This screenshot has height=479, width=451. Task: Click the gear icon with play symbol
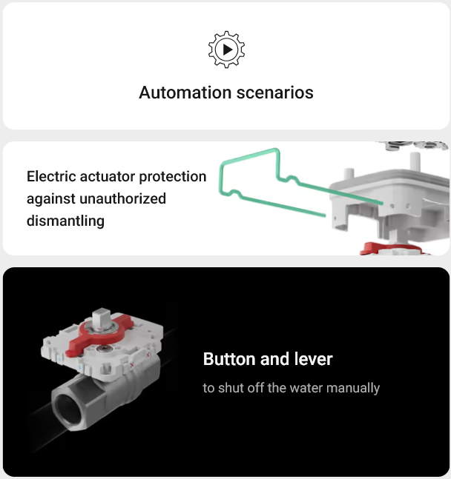(x=226, y=50)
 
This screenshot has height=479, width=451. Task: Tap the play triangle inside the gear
(x=228, y=50)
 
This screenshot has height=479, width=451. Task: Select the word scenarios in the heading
(x=275, y=93)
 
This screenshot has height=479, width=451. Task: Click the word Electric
(x=50, y=176)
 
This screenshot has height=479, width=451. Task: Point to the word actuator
(x=107, y=176)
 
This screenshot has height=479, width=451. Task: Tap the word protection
(x=173, y=177)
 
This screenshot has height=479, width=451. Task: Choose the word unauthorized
(x=122, y=198)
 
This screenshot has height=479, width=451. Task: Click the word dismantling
(x=65, y=221)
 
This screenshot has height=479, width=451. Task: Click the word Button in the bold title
(x=229, y=359)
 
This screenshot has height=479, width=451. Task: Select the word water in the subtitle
(x=306, y=388)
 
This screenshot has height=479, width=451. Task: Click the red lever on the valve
(x=99, y=334)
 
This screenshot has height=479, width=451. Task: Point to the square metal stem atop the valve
(x=101, y=318)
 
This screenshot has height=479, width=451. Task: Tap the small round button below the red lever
(x=102, y=349)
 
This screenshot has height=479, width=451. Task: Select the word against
(x=51, y=199)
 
